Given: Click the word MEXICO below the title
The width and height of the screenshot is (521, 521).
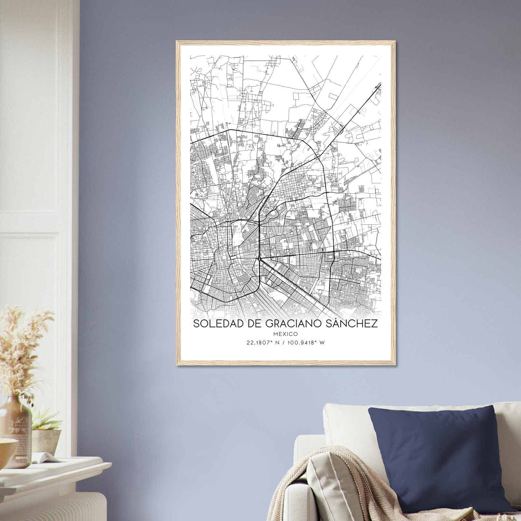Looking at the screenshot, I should coord(285,334).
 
